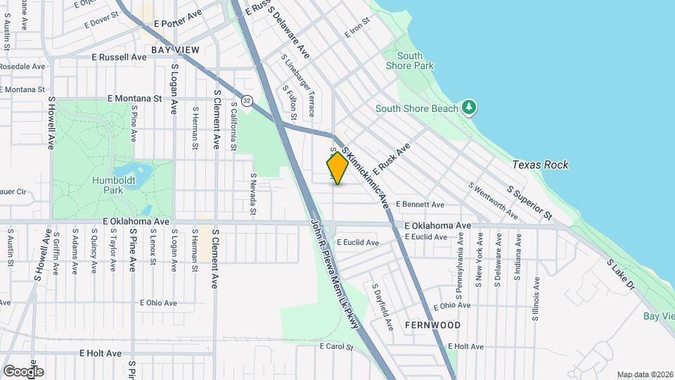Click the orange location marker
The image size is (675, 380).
pos(337,168)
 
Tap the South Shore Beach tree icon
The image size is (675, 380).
pos(470,108)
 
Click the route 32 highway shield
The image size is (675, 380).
pos(246,101)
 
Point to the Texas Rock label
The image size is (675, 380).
pos(540,165)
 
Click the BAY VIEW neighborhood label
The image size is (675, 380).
pos(175,50)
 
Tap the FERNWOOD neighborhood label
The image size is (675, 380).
pos(432,325)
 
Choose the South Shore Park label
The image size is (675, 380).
pos(410,61)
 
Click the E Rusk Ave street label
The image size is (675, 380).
pos(392,160)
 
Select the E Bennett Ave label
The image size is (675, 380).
pos(420,204)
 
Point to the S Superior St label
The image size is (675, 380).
pos(529,203)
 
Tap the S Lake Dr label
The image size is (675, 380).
pos(621,274)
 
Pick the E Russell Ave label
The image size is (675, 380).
pos(119,57)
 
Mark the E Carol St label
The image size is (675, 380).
pos(335,346)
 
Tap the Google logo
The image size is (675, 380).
pos(23,371)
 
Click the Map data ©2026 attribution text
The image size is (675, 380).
pos(644,374)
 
